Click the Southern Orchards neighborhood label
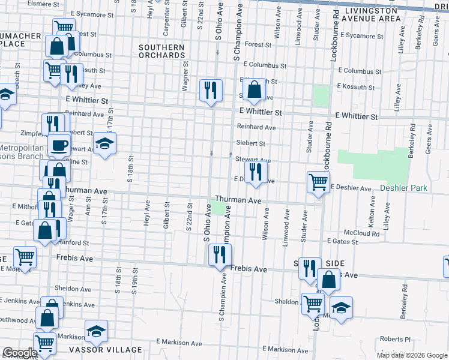(x=161, y=51)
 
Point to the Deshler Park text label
(x=403, y=188)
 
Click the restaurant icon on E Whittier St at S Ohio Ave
(x=211, y=91)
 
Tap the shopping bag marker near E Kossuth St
(x=255, y=90)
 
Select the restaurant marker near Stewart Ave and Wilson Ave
(x=256, y=173)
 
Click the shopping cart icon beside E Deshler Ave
(x=318, y=182)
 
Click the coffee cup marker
(x=59, y=145)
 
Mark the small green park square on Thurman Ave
(x=219, y=209)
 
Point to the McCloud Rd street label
(x=361, y=232)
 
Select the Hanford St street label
(x=75, y=243)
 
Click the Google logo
(x=20, y=353)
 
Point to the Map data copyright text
(x=411, y=355)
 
